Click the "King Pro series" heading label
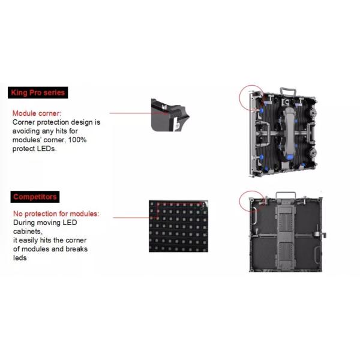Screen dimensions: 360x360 [x=38, y=92]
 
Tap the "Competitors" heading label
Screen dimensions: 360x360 [x=35, y=197]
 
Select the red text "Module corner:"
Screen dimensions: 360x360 [x=37, y=113]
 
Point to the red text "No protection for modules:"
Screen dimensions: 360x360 [x=56, y=214]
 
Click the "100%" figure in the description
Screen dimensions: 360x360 [x=77, y=140]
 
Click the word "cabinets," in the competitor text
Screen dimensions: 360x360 [x=28, y=232]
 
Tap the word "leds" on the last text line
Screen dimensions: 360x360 [x=20, y=258]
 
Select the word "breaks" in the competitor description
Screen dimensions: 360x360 [x=76, y=249]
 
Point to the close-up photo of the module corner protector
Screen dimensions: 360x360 [x=170, y=115]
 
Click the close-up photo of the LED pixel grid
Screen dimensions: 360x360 [x=178, y=226]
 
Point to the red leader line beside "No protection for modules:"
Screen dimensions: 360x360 [x=131, y=218]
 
